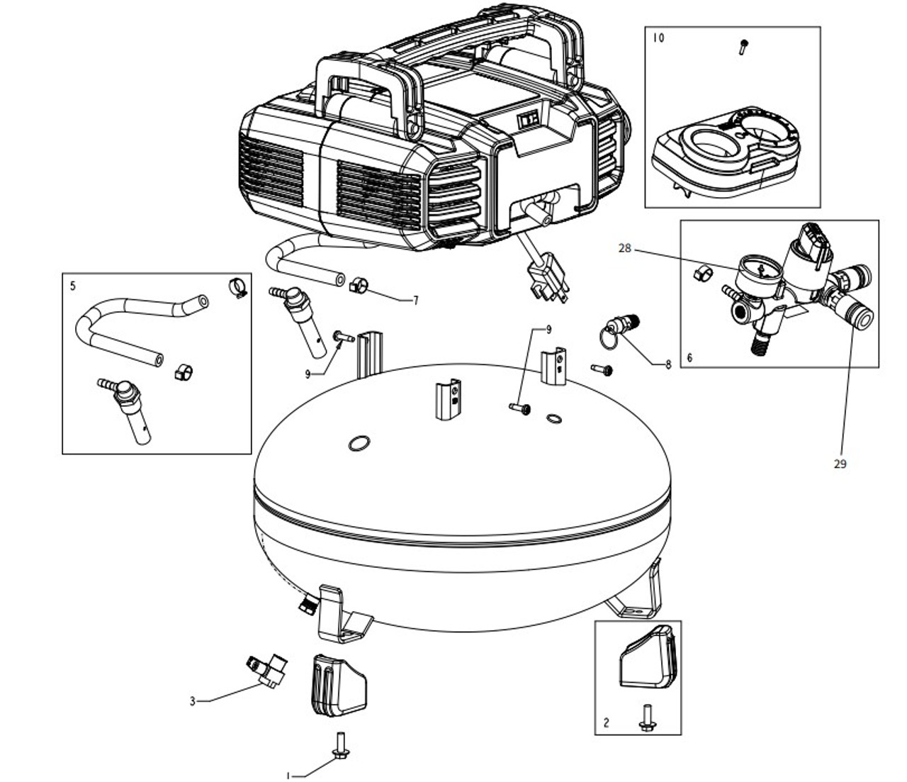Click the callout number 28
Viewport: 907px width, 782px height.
click(x=624, y=249)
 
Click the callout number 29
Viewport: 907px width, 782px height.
click(x=840, y=464)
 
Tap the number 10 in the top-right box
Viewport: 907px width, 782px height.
click(x=658, y=38)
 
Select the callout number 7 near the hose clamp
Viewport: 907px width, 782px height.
click(x=415, y=301)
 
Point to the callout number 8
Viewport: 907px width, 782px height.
click(x=668, y=365)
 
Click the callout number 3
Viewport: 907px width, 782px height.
click(x=192, y=702)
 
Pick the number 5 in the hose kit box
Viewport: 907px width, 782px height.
click(x=73, y=286)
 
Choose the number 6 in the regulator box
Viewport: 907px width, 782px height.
click(x=689, y=358)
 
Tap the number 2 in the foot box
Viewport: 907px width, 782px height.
click(x=607, y=722)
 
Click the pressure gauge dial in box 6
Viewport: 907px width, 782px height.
click(x=760, y=272)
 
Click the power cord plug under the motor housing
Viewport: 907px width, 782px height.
click(x=549, y=280)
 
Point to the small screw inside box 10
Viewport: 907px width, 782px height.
click(x=743, y=47)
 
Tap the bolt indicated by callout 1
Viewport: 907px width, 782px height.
click(x=341, y=745)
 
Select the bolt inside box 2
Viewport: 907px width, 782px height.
click(x=647, y=718)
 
